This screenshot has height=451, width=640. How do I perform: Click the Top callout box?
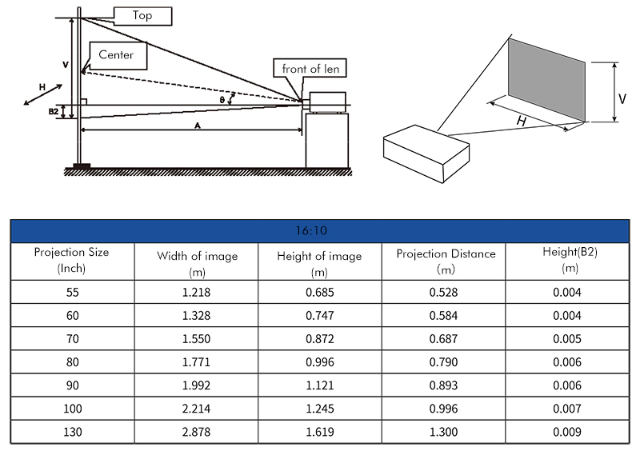click(x=142, y=16)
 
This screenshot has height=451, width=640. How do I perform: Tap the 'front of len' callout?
click(x=310, y=68)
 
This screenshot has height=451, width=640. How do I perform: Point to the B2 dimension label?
click(x=54, y=111)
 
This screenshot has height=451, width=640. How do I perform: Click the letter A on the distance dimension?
click(x=198, y=126)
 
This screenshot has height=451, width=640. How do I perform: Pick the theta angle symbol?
click(x=222, y=100)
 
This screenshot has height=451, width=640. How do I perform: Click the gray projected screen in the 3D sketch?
click(x=546, y=80)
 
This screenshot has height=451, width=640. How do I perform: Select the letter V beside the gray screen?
click(x=622, y=99)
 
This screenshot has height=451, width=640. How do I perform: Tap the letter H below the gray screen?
click(x=522, y=121)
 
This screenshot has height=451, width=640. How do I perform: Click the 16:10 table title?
click(x=311, y=231)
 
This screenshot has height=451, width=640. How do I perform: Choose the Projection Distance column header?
click(x=446, y=261)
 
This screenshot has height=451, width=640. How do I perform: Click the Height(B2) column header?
click(x=570, y=260)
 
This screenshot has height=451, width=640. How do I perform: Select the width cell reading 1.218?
click(x=196, y=292)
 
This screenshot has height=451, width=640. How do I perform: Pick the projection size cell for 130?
click(x=73, y=432)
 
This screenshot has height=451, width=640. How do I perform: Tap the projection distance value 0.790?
click(x=444, y=362)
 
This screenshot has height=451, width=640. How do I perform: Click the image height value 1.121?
click(x=320, y=385)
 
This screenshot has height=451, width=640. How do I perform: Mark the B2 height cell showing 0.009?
click(x=567, y=432)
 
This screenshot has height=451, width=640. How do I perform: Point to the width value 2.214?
click(x=196, y=409)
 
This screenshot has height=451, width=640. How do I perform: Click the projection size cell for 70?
click(x=73, y=339)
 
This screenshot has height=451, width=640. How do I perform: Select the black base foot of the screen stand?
click(x=82, y=166)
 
